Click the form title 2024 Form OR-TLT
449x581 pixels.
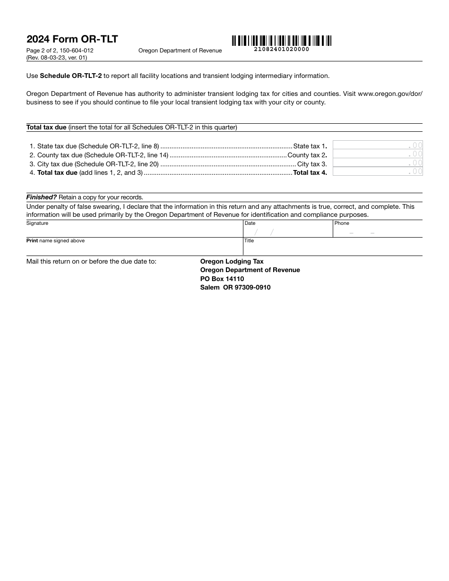coord(72,39)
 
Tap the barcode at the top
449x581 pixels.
coord(281,41)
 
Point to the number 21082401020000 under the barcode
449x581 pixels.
coord(281,49)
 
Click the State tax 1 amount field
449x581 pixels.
coord(378,145)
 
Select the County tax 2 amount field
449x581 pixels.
coord(378,154)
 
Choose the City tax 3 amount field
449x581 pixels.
coord(378,163)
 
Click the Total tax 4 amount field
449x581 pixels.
coord(378,172)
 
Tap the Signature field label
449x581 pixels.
coord(37,223)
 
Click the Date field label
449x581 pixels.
coord(250,223)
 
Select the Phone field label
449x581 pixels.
coord(342,223)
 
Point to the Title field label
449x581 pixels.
coord(249,240)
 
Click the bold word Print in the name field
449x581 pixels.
coord(32,240)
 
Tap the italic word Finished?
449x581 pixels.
coord(42,197)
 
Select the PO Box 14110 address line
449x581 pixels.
coord(222,279)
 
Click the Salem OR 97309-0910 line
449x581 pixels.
coord(235,287)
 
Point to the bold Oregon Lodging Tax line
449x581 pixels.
coord(232,261)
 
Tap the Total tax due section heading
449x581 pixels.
coord(46,127)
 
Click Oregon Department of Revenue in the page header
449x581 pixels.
coord(180,51)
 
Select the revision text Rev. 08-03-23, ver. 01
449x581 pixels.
coord(57,58)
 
